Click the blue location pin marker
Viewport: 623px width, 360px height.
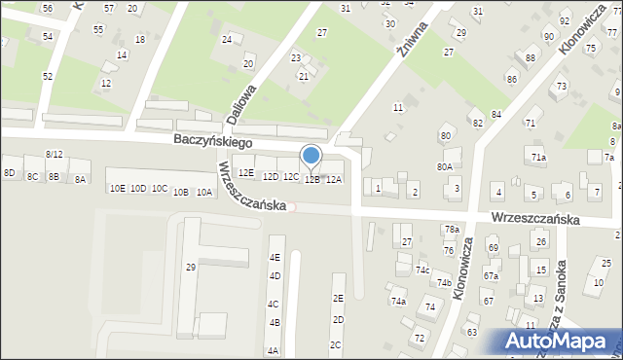(x=311, y=156)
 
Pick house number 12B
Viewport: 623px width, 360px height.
(x=311, y=179)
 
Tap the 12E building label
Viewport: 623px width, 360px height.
(x=246, y=173)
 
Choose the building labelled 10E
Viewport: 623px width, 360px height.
(x=117, y=188)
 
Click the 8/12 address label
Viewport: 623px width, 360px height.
(x=55, y=155)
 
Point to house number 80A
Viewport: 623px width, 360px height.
(x=444, y=166)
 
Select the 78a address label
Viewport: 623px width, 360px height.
(x=452, y=230)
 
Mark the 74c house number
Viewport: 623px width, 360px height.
(x=422, y=270)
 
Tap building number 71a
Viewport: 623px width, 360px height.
(x=538, y=157)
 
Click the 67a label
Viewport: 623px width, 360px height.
(x=491, y=275)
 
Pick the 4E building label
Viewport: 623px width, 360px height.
(x=275, y=258)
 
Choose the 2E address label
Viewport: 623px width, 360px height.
(x=338, y=299)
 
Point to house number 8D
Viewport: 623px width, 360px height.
(x=10, y=173)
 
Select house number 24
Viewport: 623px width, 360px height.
(x=227, y=40)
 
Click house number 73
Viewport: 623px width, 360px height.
(x=562, y=87)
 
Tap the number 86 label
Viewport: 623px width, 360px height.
(x=511, y=78)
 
